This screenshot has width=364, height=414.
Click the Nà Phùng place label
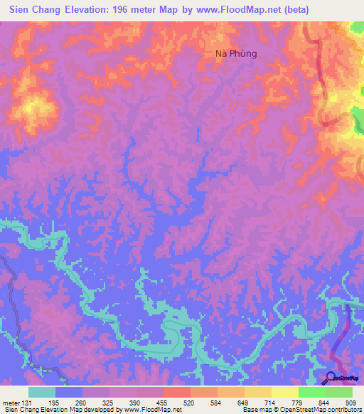pyautogui.click(x=235, y=53)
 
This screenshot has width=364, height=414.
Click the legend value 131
pyautogui.click(x=28, y=402)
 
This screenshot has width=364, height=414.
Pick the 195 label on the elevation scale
pyautogui.click(x=55, y=402)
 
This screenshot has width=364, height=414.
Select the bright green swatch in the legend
pyautogui.click(x=311, y=392)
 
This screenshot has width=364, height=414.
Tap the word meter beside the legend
pyautogui.click(x=10, y=402)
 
